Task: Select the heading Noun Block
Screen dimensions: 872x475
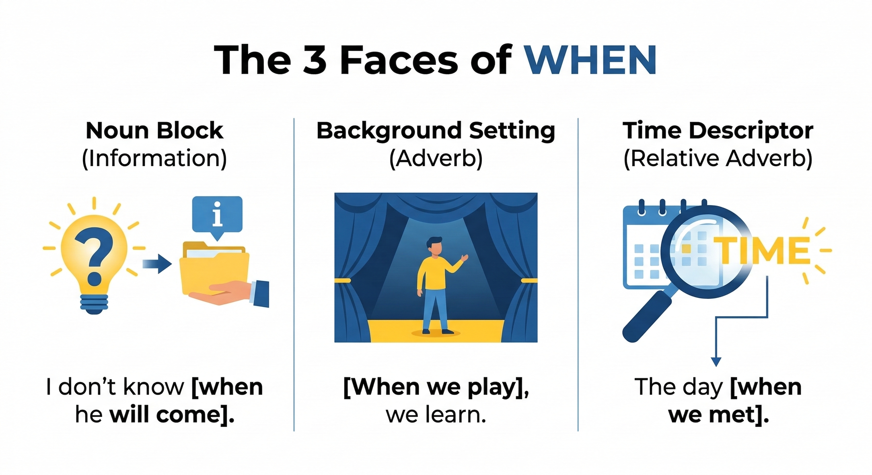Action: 155,131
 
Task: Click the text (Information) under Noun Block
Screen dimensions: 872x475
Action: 155,159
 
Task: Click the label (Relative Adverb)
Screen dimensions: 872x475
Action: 718,159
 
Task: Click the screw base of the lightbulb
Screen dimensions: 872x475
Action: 94,304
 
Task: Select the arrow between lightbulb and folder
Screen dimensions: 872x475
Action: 157,264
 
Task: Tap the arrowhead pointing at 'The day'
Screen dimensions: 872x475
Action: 716,362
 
